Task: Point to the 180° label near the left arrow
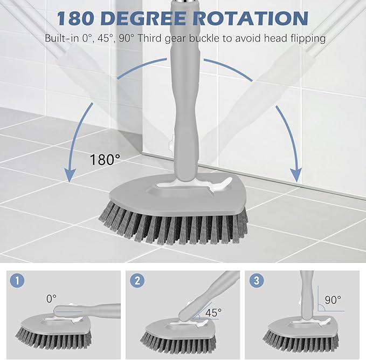106,160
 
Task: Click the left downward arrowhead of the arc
69,174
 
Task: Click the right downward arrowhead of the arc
295,174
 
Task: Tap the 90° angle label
333,300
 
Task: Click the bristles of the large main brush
172,224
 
